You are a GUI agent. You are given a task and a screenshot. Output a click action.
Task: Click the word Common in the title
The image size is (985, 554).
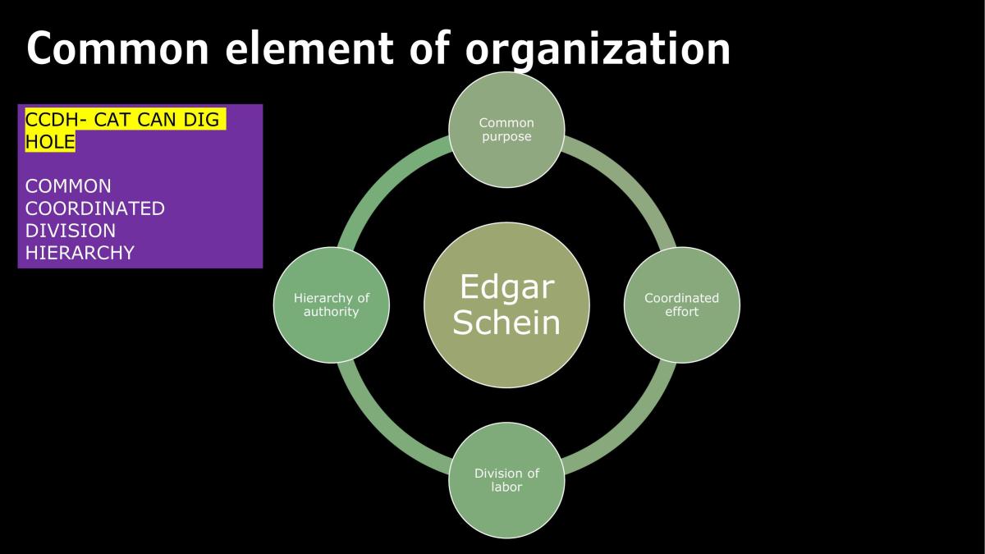118,48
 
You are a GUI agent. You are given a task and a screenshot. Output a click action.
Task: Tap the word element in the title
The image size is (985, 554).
309,48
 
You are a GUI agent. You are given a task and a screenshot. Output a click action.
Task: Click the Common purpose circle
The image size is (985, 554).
506,130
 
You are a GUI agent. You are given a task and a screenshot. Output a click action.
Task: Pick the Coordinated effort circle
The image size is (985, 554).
682,304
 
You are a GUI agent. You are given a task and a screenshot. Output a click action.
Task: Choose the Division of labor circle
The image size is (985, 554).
506,480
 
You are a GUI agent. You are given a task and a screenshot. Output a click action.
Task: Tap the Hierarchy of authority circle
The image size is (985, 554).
332,304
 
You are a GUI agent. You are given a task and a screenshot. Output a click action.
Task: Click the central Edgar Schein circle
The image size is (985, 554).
506,304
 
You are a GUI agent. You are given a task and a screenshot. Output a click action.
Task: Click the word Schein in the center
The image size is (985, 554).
506,322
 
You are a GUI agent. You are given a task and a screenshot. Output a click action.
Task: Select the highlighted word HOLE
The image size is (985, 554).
50,141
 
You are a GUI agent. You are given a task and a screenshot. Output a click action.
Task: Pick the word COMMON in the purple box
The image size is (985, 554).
68,186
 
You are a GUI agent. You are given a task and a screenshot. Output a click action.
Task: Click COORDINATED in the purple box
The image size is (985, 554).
95,208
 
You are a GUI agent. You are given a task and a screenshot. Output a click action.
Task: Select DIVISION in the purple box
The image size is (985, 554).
71,231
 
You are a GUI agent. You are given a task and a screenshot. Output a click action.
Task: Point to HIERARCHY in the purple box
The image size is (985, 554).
80,253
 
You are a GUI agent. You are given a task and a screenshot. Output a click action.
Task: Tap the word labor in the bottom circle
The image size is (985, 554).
506,488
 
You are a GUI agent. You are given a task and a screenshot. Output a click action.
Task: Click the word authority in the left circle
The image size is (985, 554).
331,312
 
